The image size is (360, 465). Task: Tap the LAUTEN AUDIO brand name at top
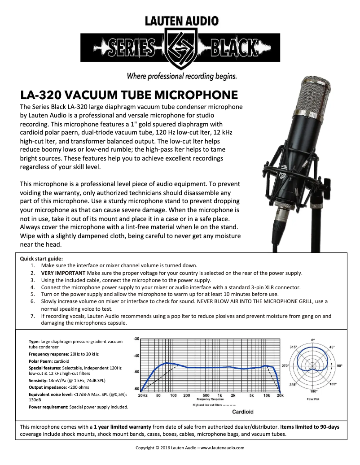point(182,21)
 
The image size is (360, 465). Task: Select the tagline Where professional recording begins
point(182,75)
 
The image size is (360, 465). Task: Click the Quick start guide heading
point(42,259)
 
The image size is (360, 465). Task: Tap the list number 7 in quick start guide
point(33,316)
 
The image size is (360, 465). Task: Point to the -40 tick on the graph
point(136,355)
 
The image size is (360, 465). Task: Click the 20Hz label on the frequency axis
point(143,395)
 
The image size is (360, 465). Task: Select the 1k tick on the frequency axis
point(220,395)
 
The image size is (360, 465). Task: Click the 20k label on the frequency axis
point(280,395)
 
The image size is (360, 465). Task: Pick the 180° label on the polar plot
point(313,391)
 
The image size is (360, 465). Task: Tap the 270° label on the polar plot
point(285,366)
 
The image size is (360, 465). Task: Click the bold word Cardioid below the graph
point(243,412)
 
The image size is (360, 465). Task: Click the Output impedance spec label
point(48,387)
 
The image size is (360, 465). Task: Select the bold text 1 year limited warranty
point(123,427)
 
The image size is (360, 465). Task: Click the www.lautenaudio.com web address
point(223,448)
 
